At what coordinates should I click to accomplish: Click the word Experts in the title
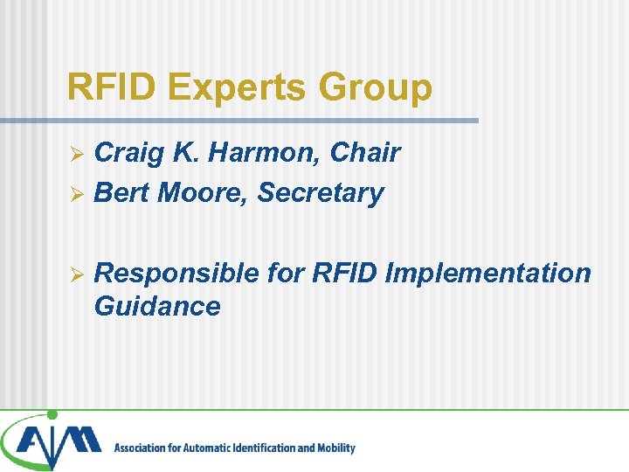pos(238,88)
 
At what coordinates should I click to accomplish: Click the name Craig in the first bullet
pos(130,153)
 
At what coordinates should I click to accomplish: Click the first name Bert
pos(122,192)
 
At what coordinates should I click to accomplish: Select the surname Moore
pos(203,192)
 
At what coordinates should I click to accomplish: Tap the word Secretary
pos(321,193)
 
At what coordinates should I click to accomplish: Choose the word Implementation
pos(487,274)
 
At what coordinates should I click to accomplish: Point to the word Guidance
pos(156,306)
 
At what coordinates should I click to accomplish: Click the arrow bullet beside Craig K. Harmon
pos(76,154)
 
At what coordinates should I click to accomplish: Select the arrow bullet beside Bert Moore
pos(76,193)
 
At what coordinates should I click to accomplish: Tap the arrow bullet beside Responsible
pos(76,274)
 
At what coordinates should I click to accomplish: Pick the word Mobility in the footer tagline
pos(335,448)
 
